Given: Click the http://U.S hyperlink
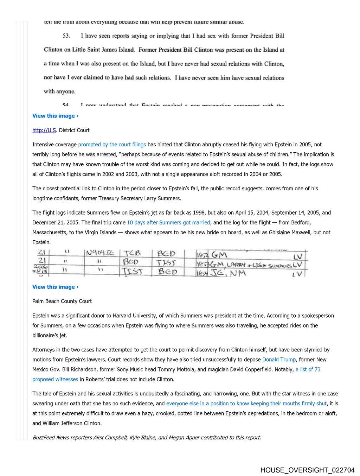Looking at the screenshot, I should click(44, 130).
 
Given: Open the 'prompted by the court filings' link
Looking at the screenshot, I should click(112, 145).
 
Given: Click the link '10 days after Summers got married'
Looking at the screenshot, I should click(168, 222).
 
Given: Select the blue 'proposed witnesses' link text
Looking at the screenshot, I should click(55, 379).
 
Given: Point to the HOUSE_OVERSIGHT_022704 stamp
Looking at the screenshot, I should click(307, 470).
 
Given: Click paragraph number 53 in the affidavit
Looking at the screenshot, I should click(66, 36).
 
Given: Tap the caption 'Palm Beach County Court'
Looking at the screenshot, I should click(62, 301).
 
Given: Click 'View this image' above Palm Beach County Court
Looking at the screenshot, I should click(55, 287).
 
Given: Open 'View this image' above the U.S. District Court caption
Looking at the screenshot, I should click(55, 116).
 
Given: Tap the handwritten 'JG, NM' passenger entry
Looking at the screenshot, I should click(228, 273).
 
